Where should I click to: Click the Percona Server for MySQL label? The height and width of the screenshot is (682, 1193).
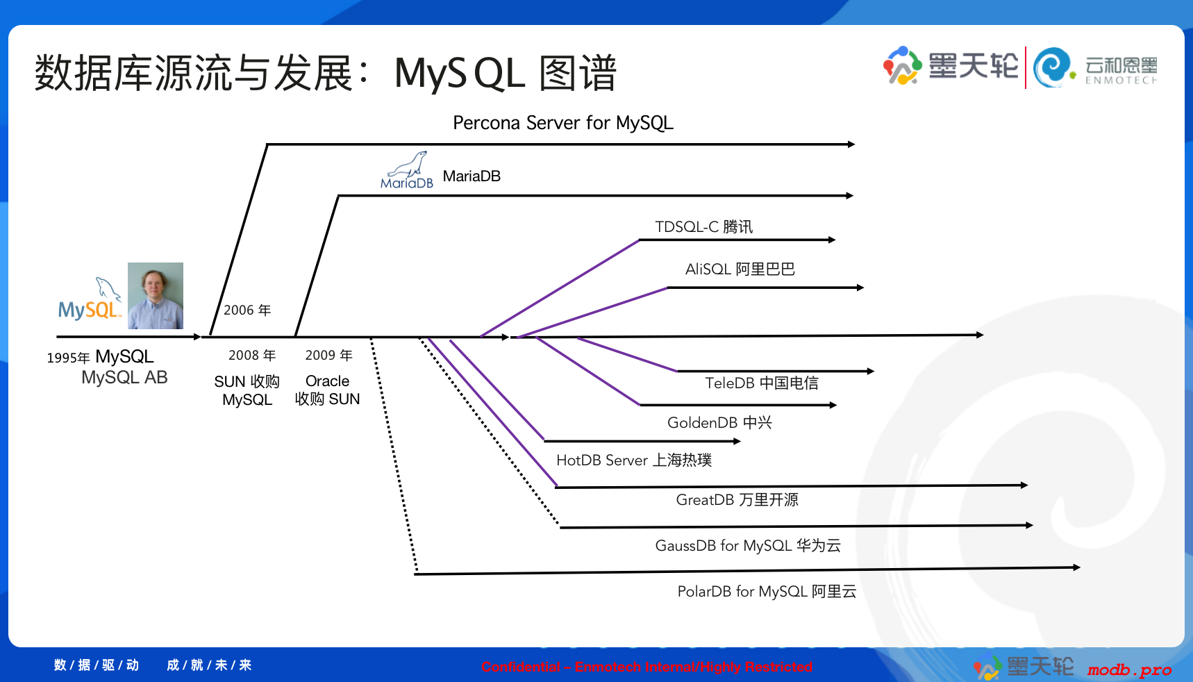pos(562,123)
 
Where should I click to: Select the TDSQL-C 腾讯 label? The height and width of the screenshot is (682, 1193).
pos(703,227)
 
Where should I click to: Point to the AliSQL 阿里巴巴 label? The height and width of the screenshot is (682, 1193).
pos(740,269)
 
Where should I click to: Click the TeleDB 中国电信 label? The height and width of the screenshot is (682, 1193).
pos(761,383)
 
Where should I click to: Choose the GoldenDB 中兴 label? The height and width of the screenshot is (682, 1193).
pos(719,423)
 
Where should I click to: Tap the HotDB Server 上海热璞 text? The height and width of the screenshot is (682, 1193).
pos(633,460)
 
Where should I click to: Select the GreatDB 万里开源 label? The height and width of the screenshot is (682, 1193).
pos(737,500)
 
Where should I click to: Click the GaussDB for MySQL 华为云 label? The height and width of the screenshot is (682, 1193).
pos(747,546)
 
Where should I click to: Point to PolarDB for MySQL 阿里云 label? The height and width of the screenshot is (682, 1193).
pos(767,592)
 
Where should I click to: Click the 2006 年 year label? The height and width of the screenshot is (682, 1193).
pos(247,310)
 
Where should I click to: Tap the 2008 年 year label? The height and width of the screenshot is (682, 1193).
pos(251,356)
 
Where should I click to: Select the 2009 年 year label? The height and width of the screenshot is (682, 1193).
pos(328,356)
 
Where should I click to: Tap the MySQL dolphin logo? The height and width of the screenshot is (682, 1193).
pos(90,301)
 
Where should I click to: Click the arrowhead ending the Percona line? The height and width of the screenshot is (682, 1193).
pos(851,144)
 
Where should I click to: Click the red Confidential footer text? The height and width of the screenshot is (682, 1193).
pos(646,667)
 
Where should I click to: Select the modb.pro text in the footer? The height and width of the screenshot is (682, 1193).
pos(1129,670)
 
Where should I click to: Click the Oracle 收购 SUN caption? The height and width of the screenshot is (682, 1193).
pos(327,390)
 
